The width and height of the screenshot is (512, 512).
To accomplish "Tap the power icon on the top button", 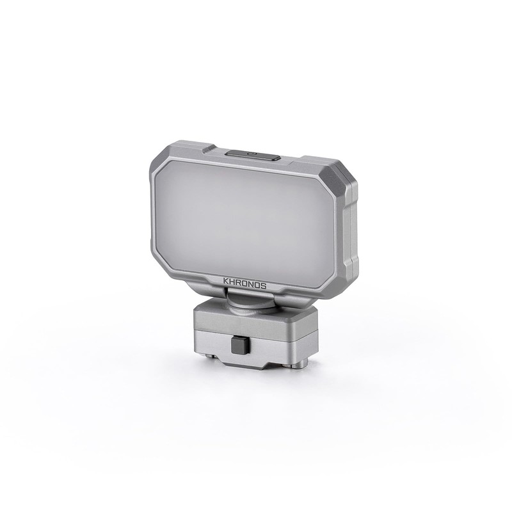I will pos(252,154).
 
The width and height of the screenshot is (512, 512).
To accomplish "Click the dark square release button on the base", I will pos(237,346).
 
